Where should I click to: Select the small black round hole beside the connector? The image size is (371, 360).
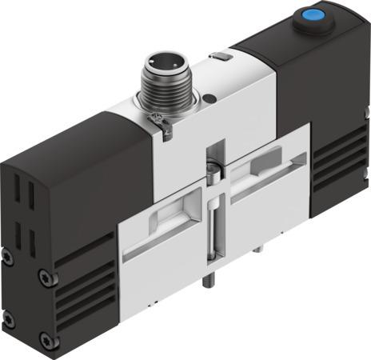pos(209,98)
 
